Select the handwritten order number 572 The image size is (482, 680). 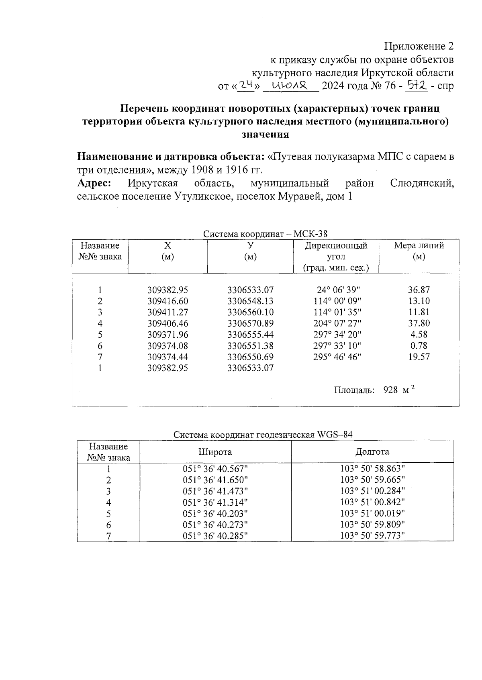coord(416,85)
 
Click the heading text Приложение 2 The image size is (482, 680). coord(419,47)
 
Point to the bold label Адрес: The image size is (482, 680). coord(94,184)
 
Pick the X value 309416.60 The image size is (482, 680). coord(168,301)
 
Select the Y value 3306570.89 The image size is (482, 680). coord(250,323)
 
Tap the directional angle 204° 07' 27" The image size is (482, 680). coord(337,323)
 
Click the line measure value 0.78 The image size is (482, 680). coord(419,345)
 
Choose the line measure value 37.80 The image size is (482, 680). coord(419,323)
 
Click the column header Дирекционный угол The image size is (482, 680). coord(336,251)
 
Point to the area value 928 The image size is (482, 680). coord(390,390)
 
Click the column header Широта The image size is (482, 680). coord(215,452)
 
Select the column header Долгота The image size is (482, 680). coord(372,452)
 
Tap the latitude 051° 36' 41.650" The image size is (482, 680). coord(215,480)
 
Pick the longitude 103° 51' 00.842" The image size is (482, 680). coord(372,502)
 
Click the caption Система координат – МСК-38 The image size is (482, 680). coord(266,234)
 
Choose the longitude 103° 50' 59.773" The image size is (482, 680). coord(372,536)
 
